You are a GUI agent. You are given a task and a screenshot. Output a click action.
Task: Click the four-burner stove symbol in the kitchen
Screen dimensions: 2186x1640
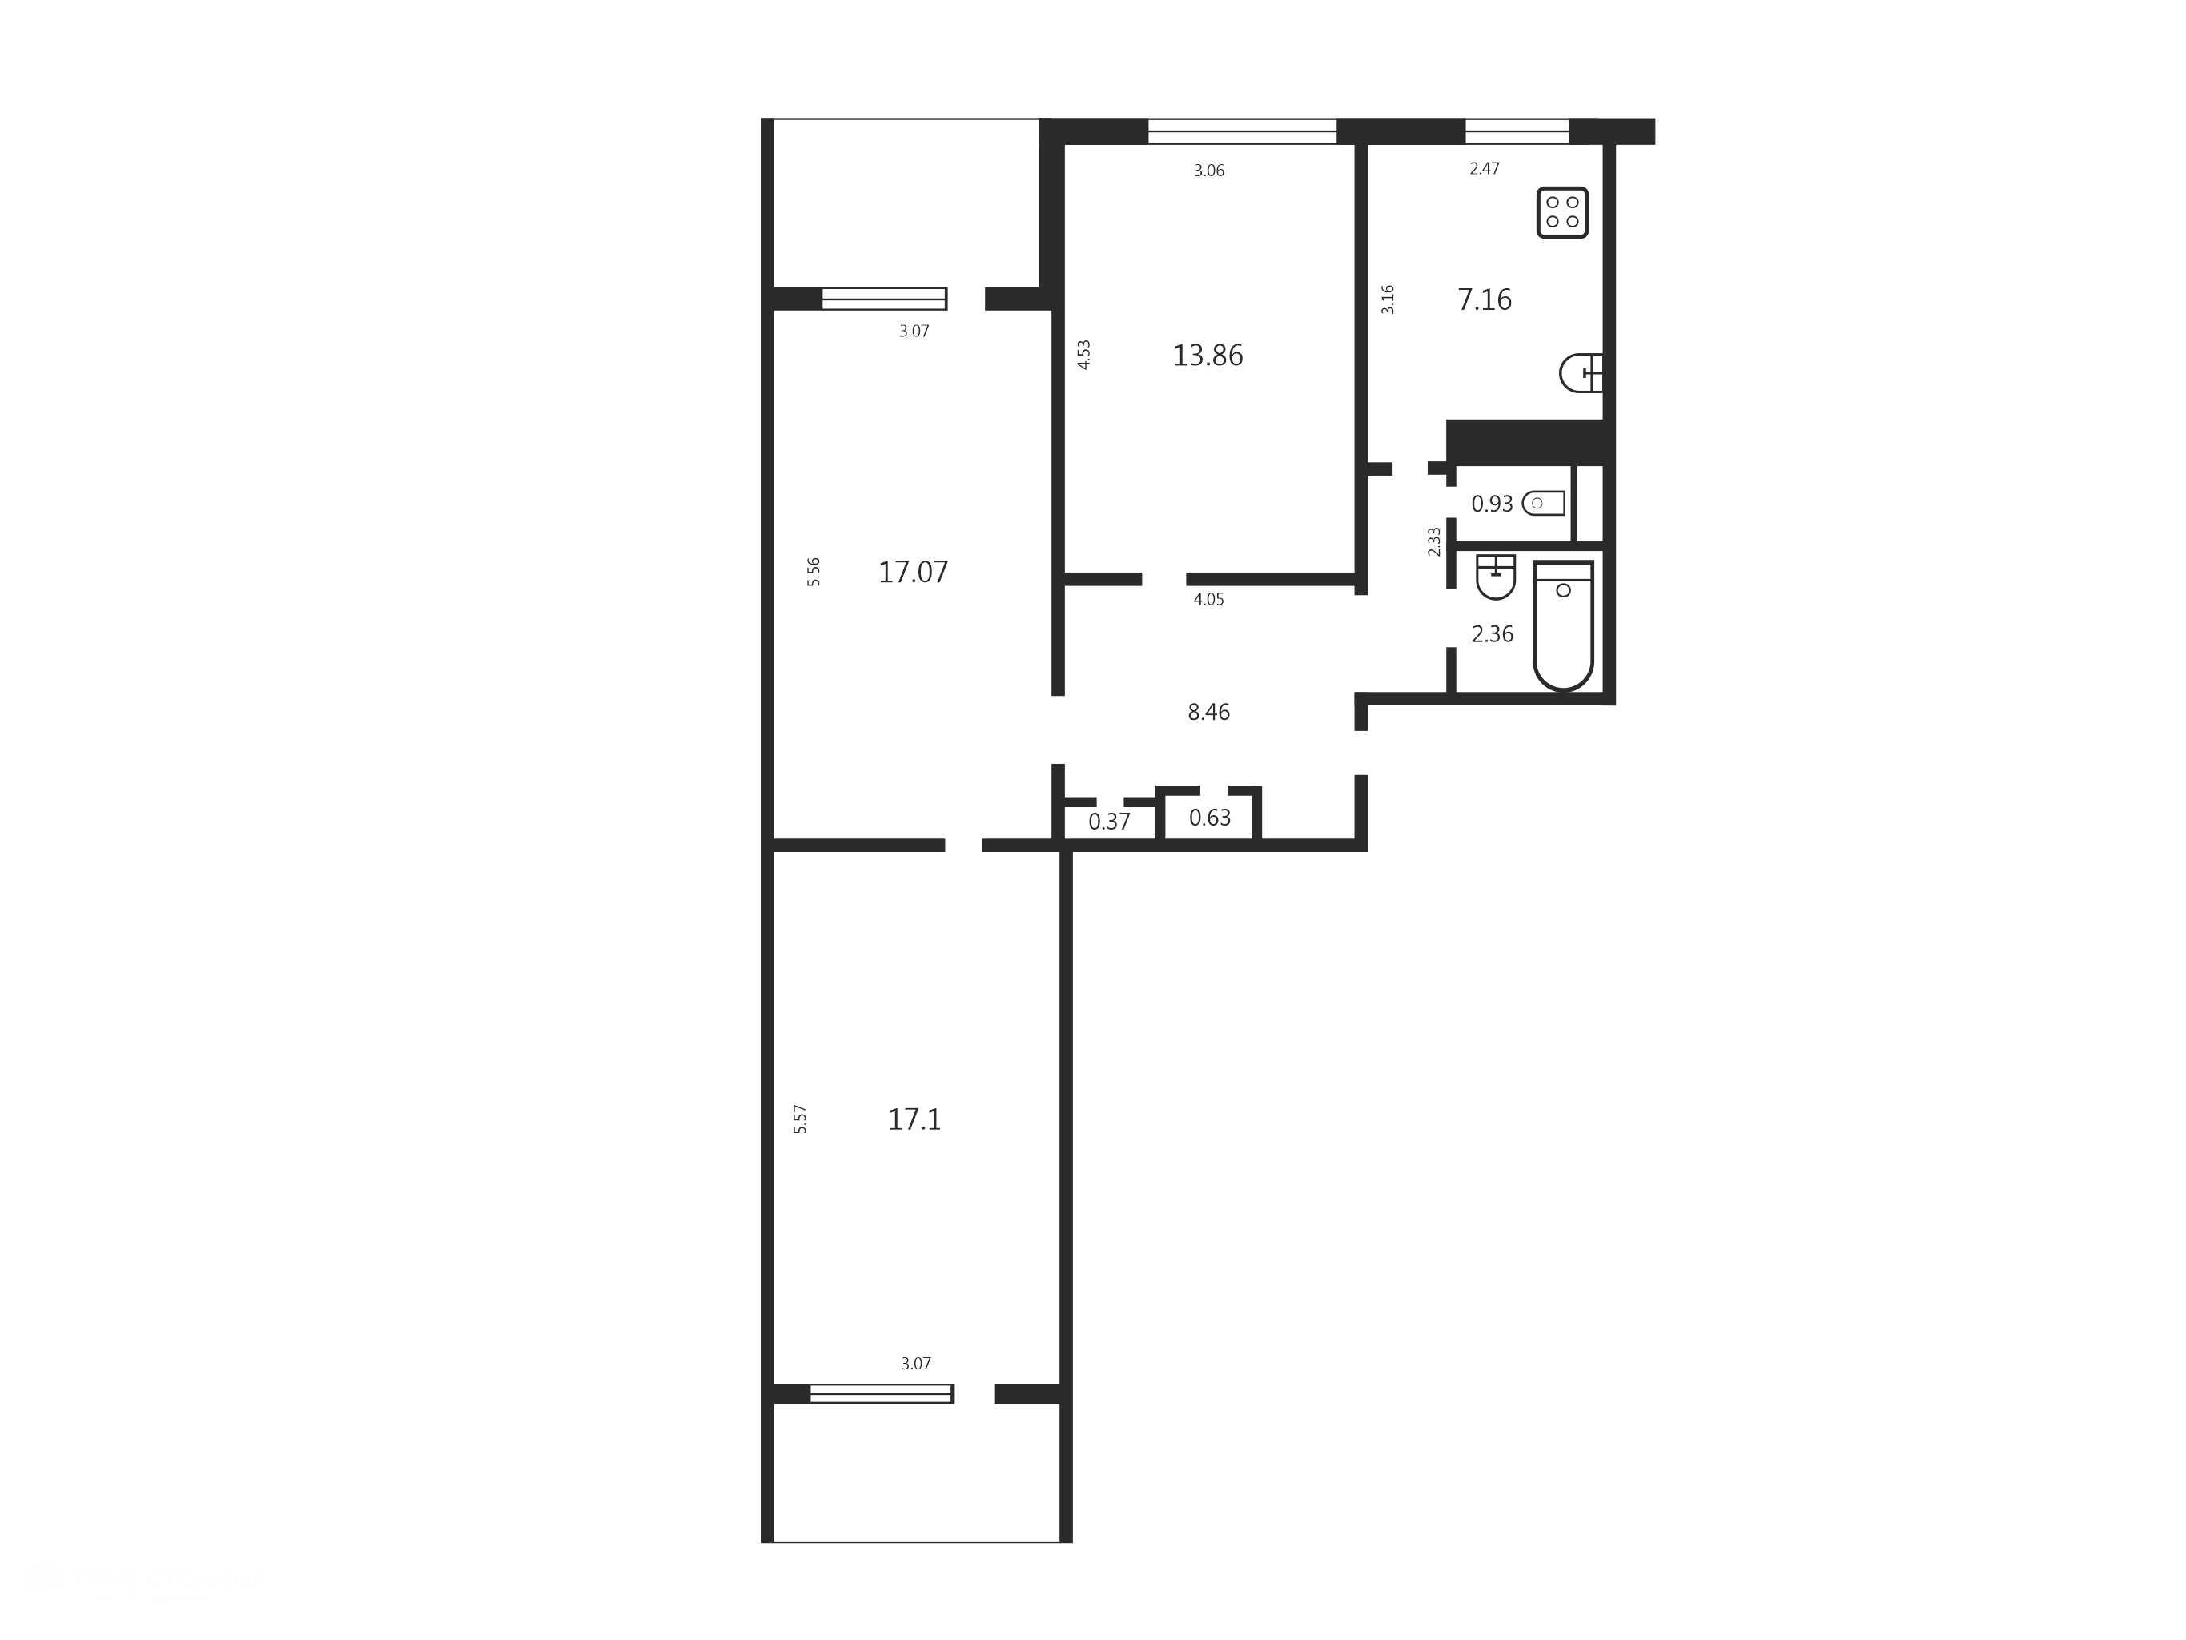(1562, 212)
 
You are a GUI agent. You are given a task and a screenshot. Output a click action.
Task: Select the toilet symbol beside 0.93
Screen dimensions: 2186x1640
(1544, 503)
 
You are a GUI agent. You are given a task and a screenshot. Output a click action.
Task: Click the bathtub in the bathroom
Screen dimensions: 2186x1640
(1563, 625)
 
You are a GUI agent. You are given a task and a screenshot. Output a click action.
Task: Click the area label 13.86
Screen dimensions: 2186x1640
(1208, 355)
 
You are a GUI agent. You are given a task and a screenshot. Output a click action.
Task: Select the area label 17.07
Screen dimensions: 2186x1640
(913, 572)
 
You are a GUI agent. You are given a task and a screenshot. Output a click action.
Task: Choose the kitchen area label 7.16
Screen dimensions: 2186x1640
(1485, 299)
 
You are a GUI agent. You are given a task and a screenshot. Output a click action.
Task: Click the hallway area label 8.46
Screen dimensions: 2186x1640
(1208, 712)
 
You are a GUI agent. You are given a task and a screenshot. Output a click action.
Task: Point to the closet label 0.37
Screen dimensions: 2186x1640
(1109, 822)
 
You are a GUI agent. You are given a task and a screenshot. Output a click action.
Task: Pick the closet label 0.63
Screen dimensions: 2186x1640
(1210, 818)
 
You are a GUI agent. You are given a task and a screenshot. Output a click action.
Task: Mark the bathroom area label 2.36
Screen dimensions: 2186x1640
(1493, 633)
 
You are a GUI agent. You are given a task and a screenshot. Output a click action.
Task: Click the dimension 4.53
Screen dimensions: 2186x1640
(1083, 355)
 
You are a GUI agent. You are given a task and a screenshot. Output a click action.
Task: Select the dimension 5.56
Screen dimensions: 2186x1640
(814, 572)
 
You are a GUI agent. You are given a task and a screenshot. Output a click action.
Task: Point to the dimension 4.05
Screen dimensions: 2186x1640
(1208, 599)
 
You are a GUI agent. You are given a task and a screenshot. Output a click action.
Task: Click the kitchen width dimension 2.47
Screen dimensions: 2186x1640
(1485, 169)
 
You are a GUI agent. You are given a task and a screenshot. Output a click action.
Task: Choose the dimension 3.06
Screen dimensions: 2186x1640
(1208, 171)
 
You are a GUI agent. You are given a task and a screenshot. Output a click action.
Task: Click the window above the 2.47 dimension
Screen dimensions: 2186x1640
(1517, 131)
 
